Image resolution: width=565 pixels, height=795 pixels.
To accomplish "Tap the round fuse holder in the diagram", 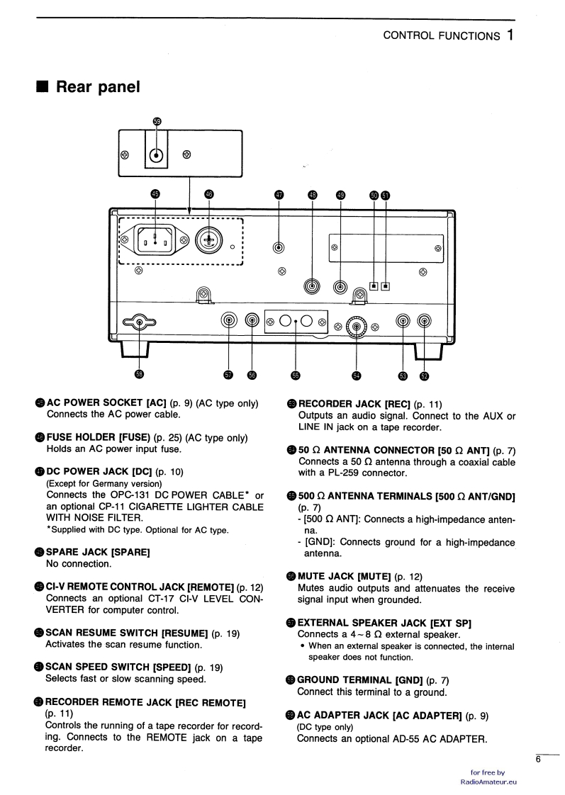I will (208, 242).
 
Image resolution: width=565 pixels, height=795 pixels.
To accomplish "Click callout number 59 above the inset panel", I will (157, 122).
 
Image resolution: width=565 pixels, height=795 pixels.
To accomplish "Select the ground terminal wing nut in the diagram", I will (140, 324).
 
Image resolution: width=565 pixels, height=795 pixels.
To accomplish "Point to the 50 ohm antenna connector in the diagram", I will (356, 325).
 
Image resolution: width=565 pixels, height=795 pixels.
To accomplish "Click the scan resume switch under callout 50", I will (374, 287).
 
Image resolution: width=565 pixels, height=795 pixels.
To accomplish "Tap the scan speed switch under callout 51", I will (386, 287).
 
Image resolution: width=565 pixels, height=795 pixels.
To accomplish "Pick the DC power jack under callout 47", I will (279, 247).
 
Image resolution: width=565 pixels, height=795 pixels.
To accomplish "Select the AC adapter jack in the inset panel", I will (157, 156).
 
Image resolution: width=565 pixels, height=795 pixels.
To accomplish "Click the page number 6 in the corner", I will (538, 760).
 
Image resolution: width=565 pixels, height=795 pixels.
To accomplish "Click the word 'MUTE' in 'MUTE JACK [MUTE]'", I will (315, 576).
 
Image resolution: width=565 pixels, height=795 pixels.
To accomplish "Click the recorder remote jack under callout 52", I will (424, 322).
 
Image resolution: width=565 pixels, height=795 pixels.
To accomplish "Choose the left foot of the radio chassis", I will (135, 348).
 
